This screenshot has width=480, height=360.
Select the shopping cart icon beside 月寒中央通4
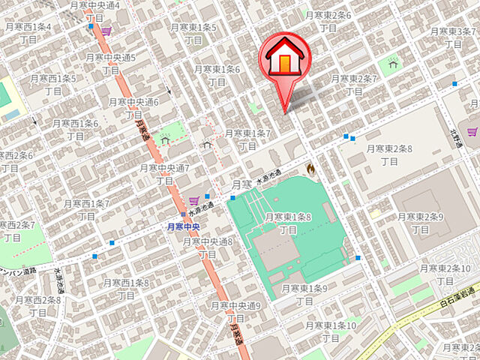pos(106,31)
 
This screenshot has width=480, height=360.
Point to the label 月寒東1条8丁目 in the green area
pos(288,223)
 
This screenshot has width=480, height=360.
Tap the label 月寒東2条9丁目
pos(421,223)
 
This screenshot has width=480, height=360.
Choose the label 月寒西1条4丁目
pos(28,33)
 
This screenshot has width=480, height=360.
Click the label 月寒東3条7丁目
pos(454,37)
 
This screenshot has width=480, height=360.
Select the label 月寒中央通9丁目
pos(235,312)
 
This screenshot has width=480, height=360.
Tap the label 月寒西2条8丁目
pos(31,306)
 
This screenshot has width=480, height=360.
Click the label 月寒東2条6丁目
pos(328,21)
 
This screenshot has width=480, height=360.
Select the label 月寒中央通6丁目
pos(133,108)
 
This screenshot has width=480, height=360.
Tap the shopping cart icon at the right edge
pos(472,132)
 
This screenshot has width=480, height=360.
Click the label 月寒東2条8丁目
pos(388,154)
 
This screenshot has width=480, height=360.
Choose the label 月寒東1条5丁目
pos(193,33)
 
